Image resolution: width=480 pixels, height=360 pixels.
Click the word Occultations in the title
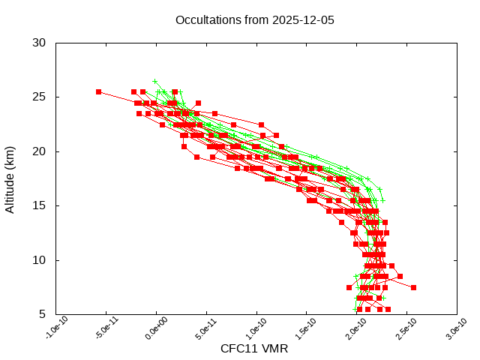[x=205, y=19]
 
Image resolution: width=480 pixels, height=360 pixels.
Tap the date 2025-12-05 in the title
[x=301, y=19]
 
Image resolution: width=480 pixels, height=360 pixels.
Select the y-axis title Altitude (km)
[x=10, y=178]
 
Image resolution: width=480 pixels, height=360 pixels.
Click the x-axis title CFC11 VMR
[x=254, y=349]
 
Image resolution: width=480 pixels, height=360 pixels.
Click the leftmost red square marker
[x=98, y=91]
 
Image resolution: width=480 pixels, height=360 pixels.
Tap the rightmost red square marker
[x=413, y=287]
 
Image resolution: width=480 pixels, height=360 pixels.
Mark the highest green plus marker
[x=155, y=81]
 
